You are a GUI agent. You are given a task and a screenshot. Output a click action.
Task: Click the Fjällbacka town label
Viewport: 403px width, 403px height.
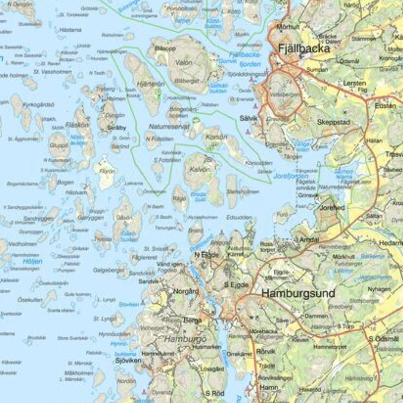click(x=304, y=49)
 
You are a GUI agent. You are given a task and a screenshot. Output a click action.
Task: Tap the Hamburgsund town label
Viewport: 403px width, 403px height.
click(x=298, y=294)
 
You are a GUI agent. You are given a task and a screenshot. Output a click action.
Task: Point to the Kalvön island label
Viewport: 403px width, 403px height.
click(x=198, y=169)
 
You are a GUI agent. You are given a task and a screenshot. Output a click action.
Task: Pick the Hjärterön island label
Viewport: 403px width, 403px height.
click(x=145, y=84)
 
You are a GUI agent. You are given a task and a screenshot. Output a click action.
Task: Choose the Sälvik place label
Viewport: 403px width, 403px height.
click(x=249, y=118)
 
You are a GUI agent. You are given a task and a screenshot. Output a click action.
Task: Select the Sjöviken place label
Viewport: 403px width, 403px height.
click(x=128, y=360)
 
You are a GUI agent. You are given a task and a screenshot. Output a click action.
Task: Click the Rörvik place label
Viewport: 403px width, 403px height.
click(x=266, y=351)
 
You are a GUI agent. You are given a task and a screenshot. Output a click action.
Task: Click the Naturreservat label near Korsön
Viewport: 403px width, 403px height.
click(x=169, y=127)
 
